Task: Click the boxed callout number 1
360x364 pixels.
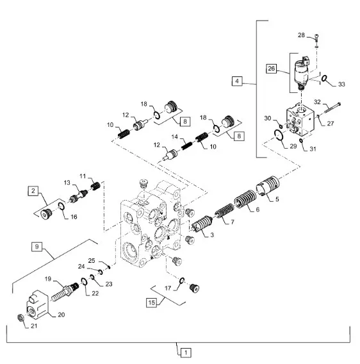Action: point(186,353)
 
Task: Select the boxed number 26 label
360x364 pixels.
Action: point(271,69)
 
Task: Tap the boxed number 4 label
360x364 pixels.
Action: point(237,81)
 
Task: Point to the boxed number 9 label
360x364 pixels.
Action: point(37,247)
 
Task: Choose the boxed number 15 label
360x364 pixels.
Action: point(151,302)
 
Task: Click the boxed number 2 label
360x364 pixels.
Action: point(33,191)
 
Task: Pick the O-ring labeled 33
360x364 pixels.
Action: point(324,78)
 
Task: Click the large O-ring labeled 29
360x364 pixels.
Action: point(278,135)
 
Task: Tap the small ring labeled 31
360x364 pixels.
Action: point(301,140)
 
